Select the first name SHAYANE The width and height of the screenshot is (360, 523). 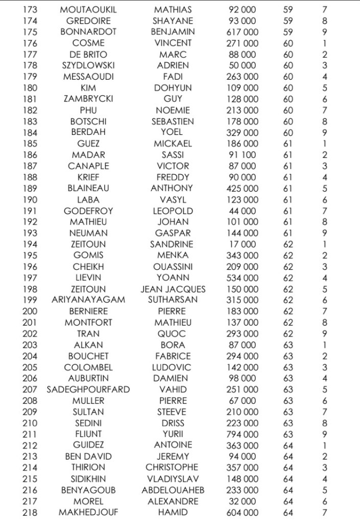point(173,21)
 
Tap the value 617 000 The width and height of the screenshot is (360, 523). point(242,32)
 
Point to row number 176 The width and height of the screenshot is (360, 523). point(30,43)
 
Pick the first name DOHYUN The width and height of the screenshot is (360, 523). point(173,88)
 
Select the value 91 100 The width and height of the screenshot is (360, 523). point(242,155)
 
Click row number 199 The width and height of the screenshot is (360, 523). point(30,300)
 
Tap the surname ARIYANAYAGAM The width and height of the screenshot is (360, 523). point(88,300)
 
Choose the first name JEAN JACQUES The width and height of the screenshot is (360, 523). point(173,289)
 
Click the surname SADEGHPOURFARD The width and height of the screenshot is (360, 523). point(88,390)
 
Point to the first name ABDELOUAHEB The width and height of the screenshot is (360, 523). point(173,490)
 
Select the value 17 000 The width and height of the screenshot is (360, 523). point(242,244)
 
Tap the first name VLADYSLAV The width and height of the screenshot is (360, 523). point(173,479)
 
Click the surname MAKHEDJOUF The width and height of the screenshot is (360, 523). point(88,512)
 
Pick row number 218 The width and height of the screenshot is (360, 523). point(30,512)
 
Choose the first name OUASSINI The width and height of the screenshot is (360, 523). point(173,266)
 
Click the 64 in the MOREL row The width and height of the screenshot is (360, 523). point(288,501)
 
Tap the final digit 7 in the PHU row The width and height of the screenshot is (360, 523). point(325,110)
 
